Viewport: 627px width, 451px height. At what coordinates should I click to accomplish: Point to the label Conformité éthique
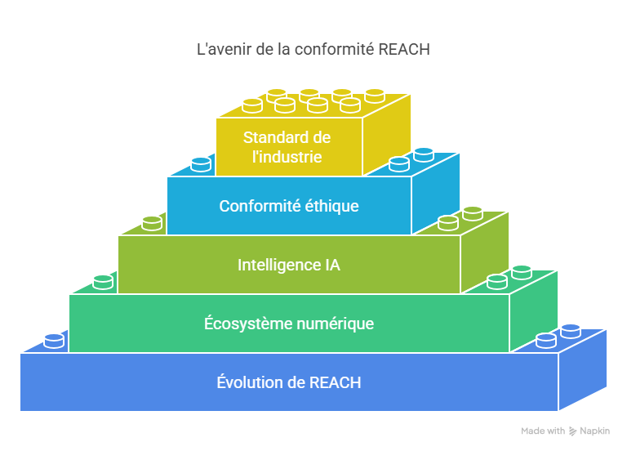click(289, 206)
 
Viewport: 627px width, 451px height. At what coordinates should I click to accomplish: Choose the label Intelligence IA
click(289, 265)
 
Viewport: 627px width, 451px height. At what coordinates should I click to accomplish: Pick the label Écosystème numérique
click(289, 324)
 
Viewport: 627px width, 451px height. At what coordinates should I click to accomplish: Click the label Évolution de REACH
click(289, 382)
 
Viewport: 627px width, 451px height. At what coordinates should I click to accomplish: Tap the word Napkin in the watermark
click(595, 431)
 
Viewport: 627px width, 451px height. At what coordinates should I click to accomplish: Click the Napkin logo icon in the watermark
click(573, 431)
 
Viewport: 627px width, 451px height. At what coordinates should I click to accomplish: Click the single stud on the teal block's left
click(103, 282)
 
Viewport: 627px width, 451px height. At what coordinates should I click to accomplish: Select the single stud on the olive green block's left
click(152, 223)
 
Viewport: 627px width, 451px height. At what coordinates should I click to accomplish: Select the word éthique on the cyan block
click(331, 206)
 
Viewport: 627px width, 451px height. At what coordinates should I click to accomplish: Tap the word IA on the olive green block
click(330, 265)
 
